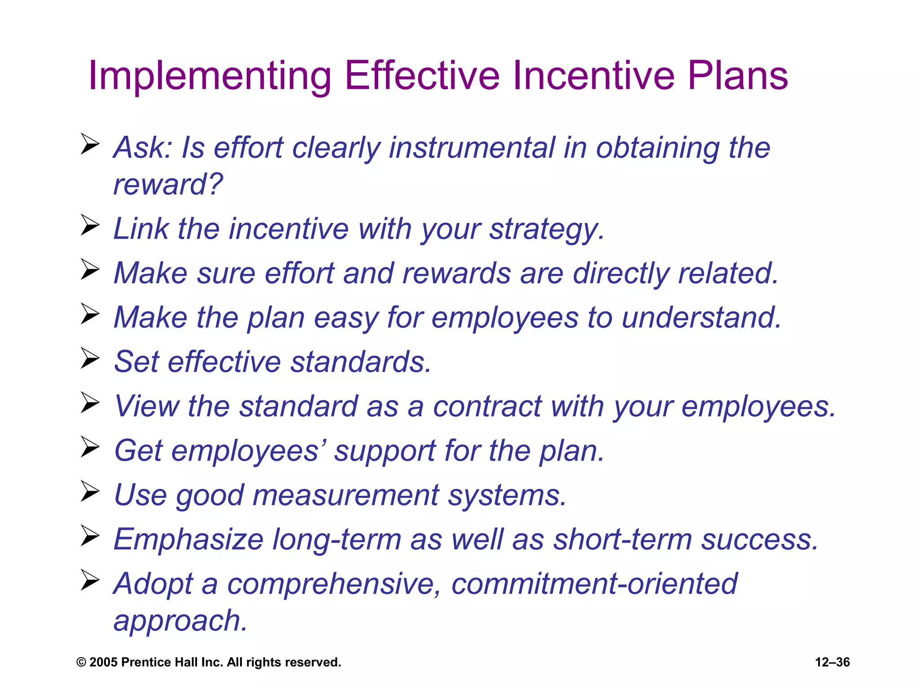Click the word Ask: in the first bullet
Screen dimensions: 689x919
pyautogui.click(x=143, y=148)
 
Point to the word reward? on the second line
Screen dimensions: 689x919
pyautogui.click(x=168, y=185)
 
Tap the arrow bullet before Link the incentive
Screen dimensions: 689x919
pyautogui.click(x=90, y=225)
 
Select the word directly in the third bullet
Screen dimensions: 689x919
pyautogui.click(x=621, y=273)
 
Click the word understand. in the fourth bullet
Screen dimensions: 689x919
pyautogui.click(x=702, y=318)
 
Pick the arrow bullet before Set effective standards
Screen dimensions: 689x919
pyautogui.click(x=90, y=358)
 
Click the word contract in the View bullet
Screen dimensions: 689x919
pyautogui.click(x=487, y=406)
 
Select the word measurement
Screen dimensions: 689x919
pyautogui.click(x=346, y=495)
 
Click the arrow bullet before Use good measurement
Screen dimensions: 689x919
pyautogui.click(x=90, y=492)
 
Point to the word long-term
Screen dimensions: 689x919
pyautogui.click(x=337, y=540)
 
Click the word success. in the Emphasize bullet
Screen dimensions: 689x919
pyautogui.click(x=760, y=540)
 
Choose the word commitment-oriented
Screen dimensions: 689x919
pyautogui.click(x=594, y=584)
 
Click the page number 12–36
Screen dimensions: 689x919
pyautogui.click(x=832, y=662)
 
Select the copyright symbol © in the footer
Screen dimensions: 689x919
pyautogui.click(x=81, y=663)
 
